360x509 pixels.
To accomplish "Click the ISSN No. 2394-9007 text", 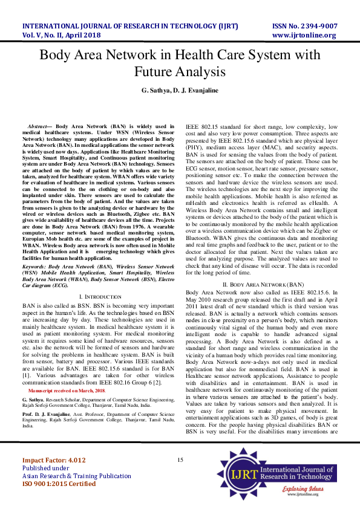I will [x=305, y=27].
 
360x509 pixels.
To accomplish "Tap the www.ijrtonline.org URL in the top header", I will [x=305, y=36].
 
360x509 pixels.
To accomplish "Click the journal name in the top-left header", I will [x=130, y=27].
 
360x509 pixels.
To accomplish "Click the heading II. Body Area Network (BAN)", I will [x=263, y=284].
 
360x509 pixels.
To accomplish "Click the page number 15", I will [x=180, y=461].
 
